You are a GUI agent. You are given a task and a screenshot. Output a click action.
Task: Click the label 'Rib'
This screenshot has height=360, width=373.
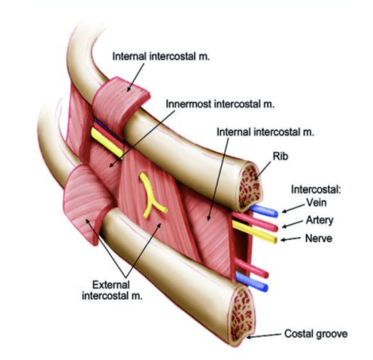pos(281,156)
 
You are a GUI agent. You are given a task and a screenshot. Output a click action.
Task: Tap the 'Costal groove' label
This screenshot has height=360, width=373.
pos(316,334)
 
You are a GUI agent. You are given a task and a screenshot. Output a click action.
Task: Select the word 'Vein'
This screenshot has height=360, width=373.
pos(317,202)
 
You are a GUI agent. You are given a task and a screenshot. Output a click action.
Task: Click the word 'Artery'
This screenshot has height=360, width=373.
pos(320,220)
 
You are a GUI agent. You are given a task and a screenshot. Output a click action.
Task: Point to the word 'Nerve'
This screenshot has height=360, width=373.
pos(319,238)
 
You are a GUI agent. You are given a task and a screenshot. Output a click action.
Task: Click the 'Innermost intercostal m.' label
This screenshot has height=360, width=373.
pos(220,104)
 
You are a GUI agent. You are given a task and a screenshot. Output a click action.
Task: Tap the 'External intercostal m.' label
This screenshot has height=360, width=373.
pos(112,290)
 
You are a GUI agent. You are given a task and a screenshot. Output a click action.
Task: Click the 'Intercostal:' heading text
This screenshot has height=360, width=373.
pos(316,189)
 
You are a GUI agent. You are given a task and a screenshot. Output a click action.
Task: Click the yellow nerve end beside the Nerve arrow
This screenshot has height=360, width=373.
pos(274,241)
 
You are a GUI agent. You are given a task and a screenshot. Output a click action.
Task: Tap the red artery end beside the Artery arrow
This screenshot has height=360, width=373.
pos(275,228)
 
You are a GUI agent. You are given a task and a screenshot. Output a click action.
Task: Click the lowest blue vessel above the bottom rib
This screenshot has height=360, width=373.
pos(252,282)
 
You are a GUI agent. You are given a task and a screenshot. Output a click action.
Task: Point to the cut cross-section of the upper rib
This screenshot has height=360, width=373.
pos(249,186)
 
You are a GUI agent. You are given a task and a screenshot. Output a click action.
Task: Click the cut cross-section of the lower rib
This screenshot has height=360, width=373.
pos(242,316)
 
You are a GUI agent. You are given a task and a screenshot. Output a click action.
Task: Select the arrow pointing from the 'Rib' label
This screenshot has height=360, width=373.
pos(262,171)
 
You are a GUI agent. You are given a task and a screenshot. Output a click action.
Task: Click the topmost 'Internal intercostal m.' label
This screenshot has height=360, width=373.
pos(161,56)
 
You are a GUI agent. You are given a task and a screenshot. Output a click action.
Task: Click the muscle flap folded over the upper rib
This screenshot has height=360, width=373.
pos(120,103)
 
